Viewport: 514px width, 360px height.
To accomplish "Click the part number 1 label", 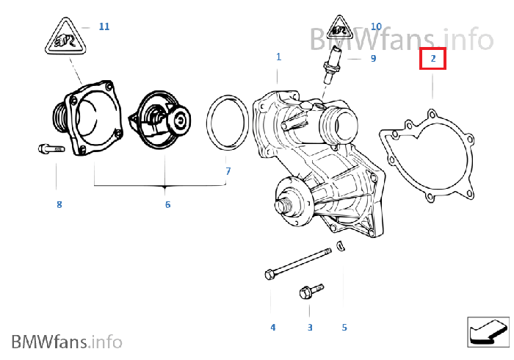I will [278, 57].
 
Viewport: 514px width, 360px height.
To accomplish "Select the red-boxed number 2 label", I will [433, 58].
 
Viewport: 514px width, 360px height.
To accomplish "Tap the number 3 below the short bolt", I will [309, 327].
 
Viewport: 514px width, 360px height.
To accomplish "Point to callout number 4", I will [272, 327].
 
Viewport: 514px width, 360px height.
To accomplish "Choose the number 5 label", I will [344, 327].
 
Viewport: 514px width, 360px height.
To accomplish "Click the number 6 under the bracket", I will [167, 204].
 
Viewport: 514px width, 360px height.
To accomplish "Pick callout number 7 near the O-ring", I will [228, 171].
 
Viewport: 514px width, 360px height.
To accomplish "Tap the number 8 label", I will [59, 204].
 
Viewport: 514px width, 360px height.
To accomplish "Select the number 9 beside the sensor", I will [373, 58].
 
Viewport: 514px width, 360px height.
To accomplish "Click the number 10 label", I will [376, 26].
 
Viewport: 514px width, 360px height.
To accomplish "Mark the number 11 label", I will [104, 26].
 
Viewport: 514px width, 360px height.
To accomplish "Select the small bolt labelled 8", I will [51, 149].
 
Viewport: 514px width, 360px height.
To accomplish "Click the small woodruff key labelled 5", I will [340, 245].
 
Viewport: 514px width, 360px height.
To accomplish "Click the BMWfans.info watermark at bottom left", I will [67, 341].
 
